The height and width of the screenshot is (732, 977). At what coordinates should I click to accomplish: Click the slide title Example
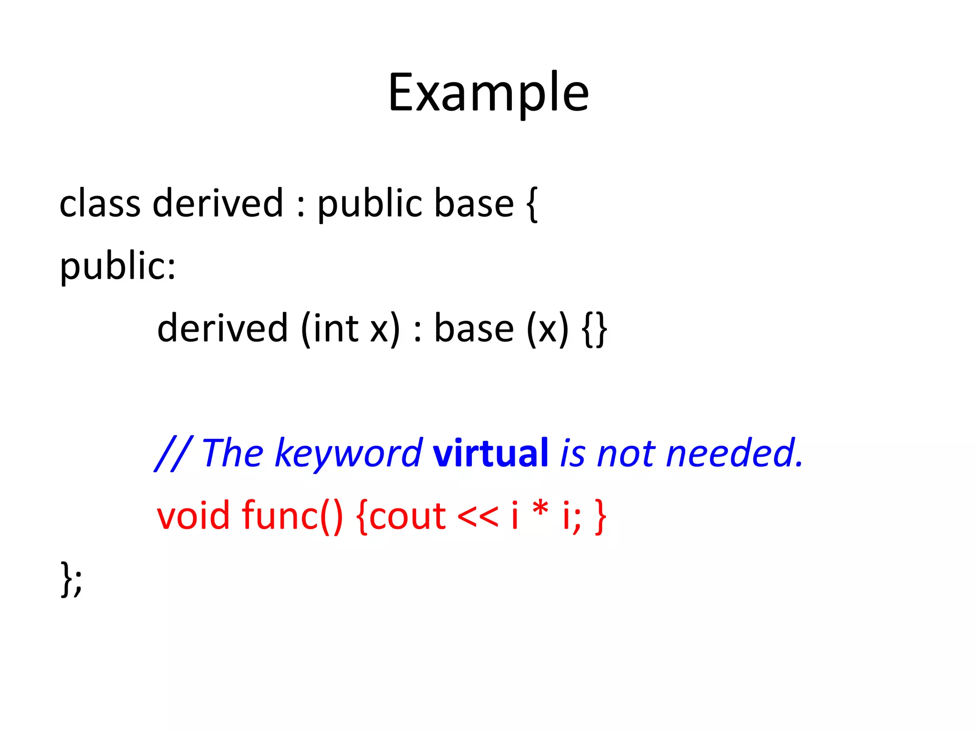(488, 92)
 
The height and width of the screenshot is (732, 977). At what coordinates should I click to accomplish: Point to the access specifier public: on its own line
(118, 266)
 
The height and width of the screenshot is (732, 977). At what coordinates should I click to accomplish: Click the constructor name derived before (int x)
(222, 329)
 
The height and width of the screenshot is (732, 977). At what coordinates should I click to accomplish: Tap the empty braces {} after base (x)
(594, 330)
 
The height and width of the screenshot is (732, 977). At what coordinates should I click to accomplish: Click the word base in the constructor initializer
(474, 329)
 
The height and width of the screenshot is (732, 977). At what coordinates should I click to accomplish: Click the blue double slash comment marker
(173, 454)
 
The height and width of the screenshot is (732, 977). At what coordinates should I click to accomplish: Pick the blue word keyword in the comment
(348, 454)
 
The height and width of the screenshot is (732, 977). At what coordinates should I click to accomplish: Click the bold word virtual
(490, 453)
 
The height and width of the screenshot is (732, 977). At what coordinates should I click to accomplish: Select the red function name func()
(292, 516)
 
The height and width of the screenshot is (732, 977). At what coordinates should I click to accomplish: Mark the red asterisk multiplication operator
(540, 510)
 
